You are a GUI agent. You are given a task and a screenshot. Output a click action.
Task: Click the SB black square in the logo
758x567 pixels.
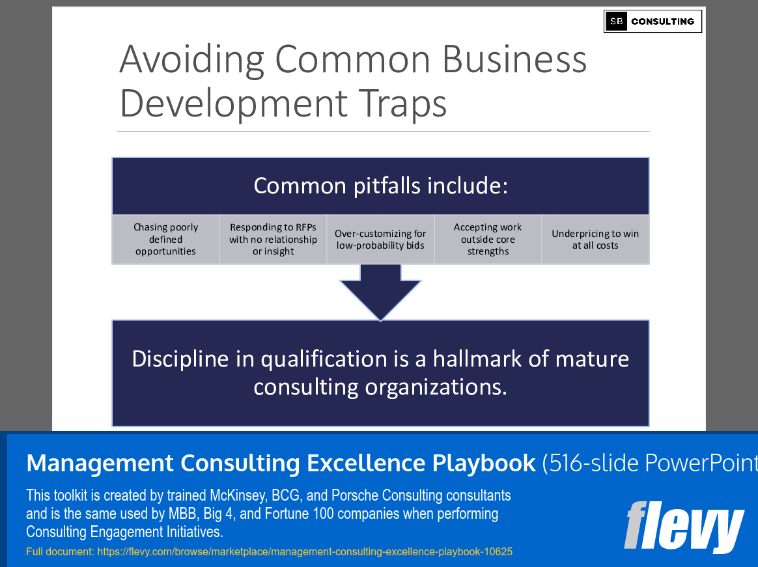(616, 21)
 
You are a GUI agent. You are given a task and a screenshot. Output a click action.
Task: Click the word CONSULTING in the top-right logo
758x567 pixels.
(662, 21)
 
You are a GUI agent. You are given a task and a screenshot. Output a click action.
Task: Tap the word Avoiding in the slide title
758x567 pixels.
(191, 59)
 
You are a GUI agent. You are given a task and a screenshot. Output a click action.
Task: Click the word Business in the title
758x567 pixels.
(514, 59)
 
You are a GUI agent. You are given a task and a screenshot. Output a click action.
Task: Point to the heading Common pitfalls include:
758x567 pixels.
(380, 186)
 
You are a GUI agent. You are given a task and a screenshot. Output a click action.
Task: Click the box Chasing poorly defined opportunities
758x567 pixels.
(165, 240)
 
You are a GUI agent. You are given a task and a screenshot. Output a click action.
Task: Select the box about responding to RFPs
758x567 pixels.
(273, 240)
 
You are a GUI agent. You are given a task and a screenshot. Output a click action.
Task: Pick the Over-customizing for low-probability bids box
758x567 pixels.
(380, 240)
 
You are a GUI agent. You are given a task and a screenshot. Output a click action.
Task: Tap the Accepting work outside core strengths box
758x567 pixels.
(488, 240)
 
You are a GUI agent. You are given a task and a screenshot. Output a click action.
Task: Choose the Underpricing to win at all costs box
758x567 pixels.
(595, 240)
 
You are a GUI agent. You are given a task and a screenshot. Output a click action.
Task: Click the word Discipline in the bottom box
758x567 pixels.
(180, 359)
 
